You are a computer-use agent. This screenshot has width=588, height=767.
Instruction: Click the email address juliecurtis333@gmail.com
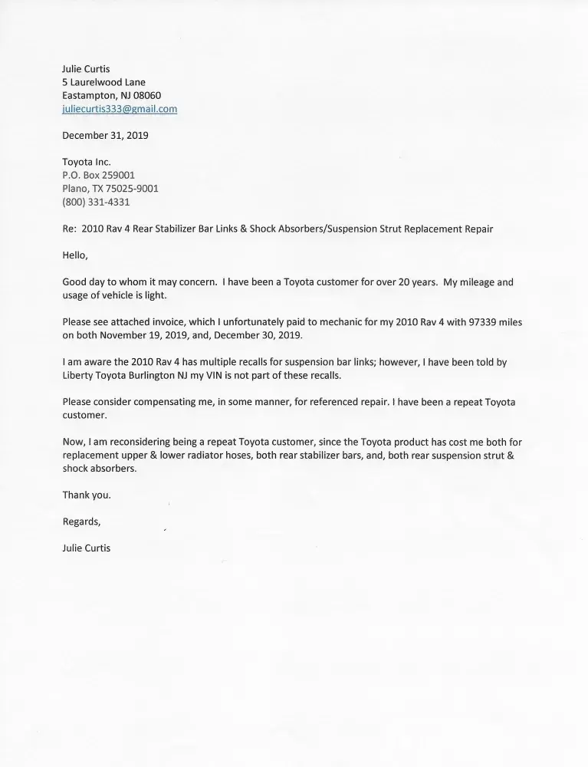[120, 109]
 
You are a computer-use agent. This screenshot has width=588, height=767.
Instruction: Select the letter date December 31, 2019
[105, 135]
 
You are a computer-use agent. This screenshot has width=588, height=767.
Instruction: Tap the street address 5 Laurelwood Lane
[103, 82]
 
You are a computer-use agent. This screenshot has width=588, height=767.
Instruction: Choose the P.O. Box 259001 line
[98, 175]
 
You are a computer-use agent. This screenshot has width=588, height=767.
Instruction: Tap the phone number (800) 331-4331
[96, 202]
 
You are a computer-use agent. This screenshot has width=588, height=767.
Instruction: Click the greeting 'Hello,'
[75, 255]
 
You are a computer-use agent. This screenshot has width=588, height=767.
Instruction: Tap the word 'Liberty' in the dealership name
[78, 375]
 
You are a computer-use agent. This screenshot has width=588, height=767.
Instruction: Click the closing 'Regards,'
[81, 522]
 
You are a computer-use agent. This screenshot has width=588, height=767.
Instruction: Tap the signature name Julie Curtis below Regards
[86, 548]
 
